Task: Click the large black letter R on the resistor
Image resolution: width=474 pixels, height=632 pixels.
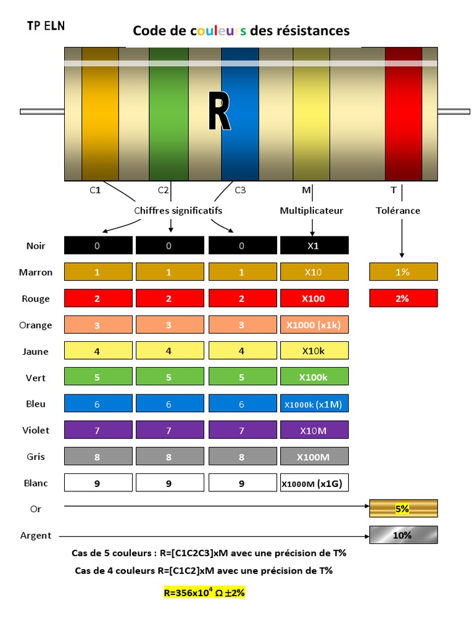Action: point(218,112)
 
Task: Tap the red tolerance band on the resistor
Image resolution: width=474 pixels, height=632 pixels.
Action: point(403,114)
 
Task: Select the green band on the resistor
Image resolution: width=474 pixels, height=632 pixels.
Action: point(168,114)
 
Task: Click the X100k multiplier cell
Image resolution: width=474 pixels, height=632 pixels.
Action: point(315,377)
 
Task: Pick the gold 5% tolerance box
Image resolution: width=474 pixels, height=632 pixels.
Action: point(403,509)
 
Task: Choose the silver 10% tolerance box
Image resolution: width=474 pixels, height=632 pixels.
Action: point(403,535)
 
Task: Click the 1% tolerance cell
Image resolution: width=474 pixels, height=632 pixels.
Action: point(403,272)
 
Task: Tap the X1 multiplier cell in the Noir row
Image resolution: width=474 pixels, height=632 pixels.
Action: point(315,246)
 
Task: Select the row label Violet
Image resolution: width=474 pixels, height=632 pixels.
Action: point(36,430)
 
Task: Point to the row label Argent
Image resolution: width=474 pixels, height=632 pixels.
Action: point(36,536)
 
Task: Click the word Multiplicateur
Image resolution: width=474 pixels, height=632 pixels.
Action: point(312,210)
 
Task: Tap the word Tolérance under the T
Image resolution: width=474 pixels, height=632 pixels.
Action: point(398,210)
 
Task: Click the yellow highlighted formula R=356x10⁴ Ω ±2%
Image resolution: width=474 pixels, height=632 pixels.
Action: point(204,592)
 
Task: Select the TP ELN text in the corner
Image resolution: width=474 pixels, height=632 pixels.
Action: point(46,26)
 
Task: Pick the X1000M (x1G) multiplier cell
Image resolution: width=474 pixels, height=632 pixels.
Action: point(315,484)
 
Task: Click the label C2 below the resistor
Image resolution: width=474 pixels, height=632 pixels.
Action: point(163,191)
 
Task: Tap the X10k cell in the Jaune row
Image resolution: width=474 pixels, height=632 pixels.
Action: point(315,351)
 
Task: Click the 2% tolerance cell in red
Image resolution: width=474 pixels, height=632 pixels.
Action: point(403,299)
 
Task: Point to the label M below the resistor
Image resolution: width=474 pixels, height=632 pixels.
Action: point(307,191)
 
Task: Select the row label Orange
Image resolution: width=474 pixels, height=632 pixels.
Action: point(36,325)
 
